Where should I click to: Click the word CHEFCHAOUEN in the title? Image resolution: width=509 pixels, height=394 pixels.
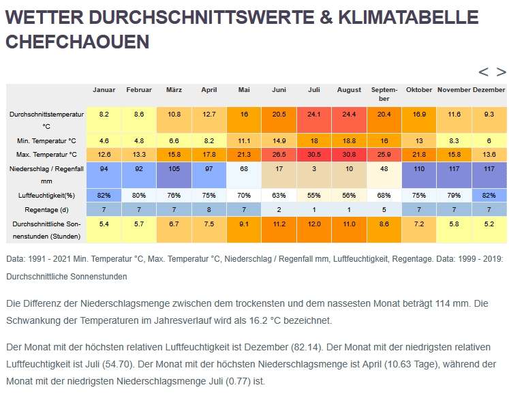pyautogui.click(x=77, y=42)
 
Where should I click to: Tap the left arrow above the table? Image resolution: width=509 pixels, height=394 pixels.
pyautogui.click(x=483, y=72)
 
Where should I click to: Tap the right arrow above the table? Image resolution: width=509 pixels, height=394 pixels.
pyautogui.click(x=501, y=72)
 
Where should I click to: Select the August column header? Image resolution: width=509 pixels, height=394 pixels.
pyautogui.click(x=349, y=90)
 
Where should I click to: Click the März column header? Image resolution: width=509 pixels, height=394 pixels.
pyautogui.click(x=174, y=90)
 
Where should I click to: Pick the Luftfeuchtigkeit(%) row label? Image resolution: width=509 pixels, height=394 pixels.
pyautogui.click(x=46, y=195)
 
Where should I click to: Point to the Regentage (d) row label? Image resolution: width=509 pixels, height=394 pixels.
pyautogui.click(x=46, y=209)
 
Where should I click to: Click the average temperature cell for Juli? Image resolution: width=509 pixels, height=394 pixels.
pyautogui.click(x=314, y=115)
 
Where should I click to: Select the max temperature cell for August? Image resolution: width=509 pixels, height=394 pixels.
pyautogui.click(x=349, y=154)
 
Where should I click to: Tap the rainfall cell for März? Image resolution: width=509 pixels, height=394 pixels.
pyautogui.click(x=174, y=168)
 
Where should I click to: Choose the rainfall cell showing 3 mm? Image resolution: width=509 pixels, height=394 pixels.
pyautogui.click(x=314, y=168)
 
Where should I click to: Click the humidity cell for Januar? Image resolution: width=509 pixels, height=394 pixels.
pyautogui.click(x=104, y=195)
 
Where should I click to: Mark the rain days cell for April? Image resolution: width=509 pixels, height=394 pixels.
pyautogui.click(x=209, y=209)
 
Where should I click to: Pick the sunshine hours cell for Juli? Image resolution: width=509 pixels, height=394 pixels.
pyautogui.click(x=314, y=224)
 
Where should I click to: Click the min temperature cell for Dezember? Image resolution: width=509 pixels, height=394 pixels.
pyautogui.click(x=489, y=140)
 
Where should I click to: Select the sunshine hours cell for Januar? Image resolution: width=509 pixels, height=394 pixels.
pyautogui.click(x=104, y=224)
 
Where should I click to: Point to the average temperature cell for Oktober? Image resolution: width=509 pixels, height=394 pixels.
pyautogui.click(x=419, y=115)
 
